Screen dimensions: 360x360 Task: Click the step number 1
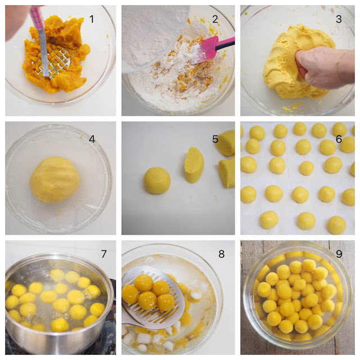pos(92,19)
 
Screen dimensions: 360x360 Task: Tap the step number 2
pos(215,19)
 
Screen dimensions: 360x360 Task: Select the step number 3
pos(339,19)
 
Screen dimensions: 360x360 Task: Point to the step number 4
pos(92,139)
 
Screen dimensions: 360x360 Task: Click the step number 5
pos(215,139)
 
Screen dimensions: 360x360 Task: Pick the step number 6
pos(339,139)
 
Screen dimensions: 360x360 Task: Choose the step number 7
pos(103,254)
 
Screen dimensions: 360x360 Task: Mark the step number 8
pos(221,254)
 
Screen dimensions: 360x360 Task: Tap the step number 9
pos(339,254)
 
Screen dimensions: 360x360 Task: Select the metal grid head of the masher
pos(56,62)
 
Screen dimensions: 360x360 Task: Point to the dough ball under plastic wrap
pos(55,179)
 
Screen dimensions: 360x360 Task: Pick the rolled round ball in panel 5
pos(157,181)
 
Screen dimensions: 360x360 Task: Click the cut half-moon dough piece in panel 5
pos(194,165)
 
